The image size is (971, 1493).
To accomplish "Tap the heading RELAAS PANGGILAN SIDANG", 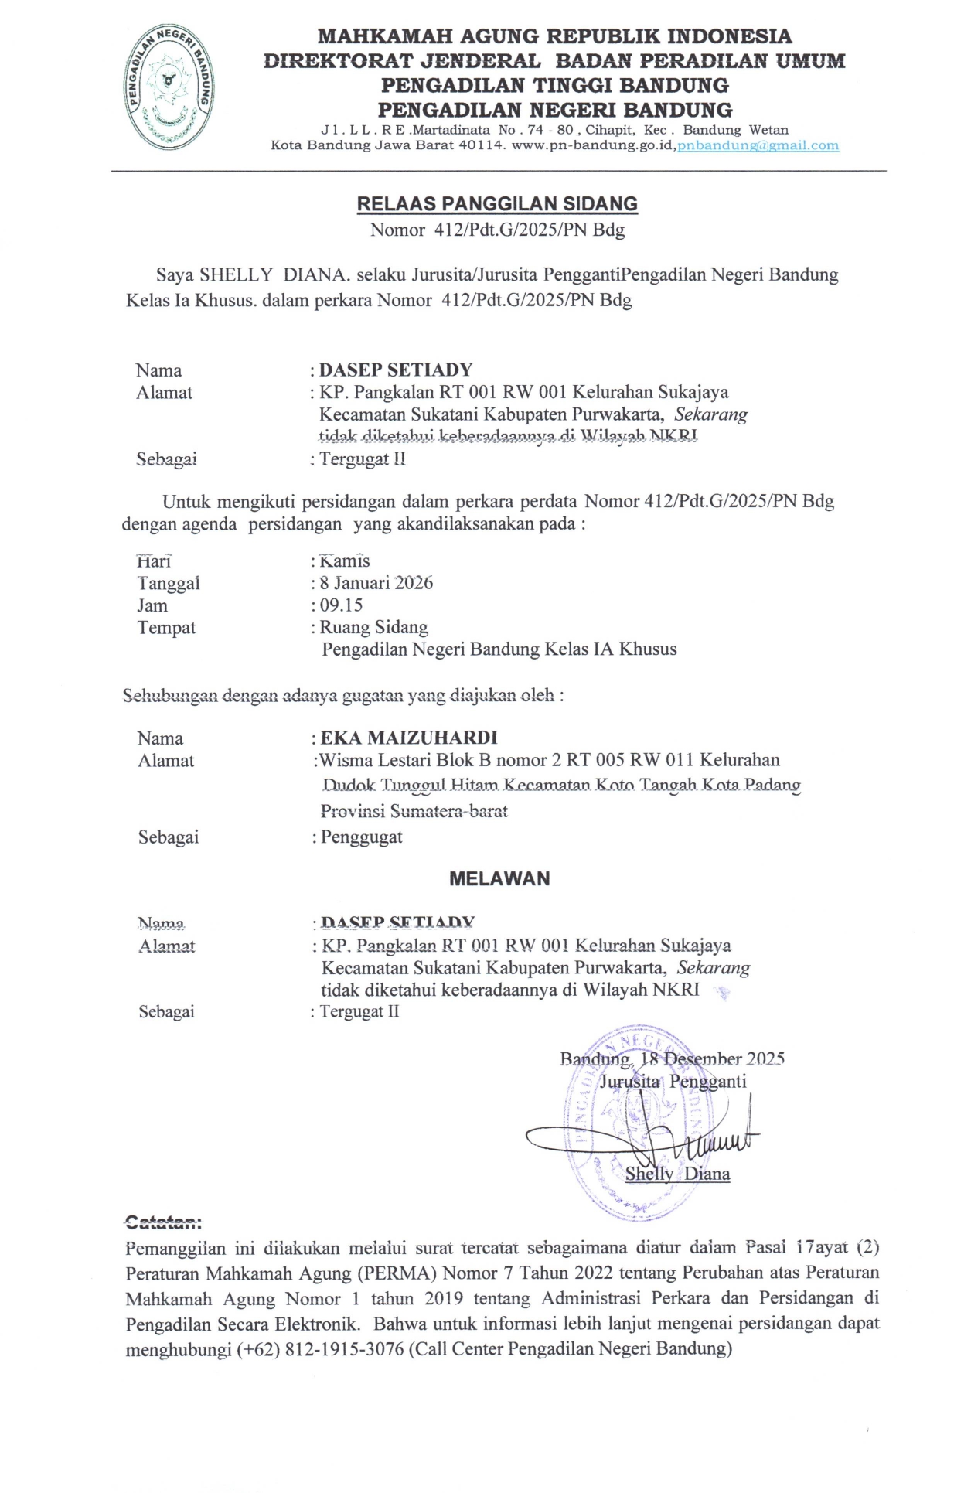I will pyautogui.click(x=497, y=204).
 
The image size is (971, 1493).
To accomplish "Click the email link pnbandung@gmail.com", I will pyautogui.click(x=758, y=145).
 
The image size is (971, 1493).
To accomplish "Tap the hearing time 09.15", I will pyautogui.click(x=341, y=605).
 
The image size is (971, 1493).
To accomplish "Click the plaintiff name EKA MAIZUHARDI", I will pyautogui.click(x=409, y=738).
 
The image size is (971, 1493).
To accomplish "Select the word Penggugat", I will pyautogui.click(x=361, y=837).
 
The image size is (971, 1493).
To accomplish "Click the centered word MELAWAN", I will pyautogui.click(x=499, y=879).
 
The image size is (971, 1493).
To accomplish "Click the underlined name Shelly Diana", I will pyautogui.click(x=677, y=1174).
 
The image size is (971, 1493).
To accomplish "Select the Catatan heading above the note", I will pyautogui.click(x=163, y=1222).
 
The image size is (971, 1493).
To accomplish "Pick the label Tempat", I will pyautogui.click(x=166, y=628).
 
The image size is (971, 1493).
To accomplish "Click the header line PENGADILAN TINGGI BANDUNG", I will pyautogui.click(x=554, y=85).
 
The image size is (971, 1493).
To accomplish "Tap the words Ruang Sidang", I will pyautogui.click(x=374, y=627).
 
